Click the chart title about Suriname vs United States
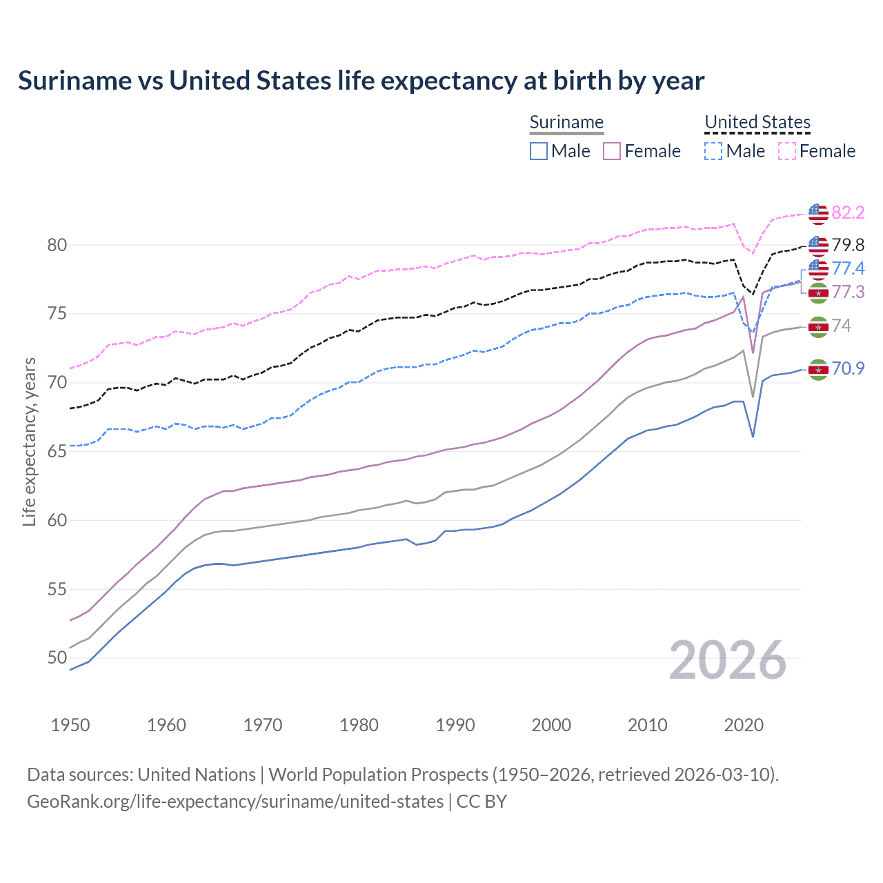tap(361, 81)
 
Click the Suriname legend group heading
tap(566, 122)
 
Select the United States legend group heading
tap(757, 122)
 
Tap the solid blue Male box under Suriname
tap(539, 151)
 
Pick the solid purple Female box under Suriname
tap(612, 151)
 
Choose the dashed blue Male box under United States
tap(713, 151)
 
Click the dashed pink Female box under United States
tap(787, 151)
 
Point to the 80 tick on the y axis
tap(57, 245)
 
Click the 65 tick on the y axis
tap(57, 451)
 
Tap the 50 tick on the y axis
tap(57, 657)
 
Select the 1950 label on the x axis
tap(70, 725)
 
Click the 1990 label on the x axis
tap(455, 725)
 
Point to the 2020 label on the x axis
tap(744, 725)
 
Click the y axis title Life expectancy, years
tap(30, 441)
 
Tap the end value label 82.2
tap(848, 212)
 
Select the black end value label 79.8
tap(848, 245)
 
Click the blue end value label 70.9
tap(848, 368)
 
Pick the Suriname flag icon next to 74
tap(818, 326)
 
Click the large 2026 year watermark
tap(727, 660)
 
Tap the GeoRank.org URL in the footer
tap(235, 802)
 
